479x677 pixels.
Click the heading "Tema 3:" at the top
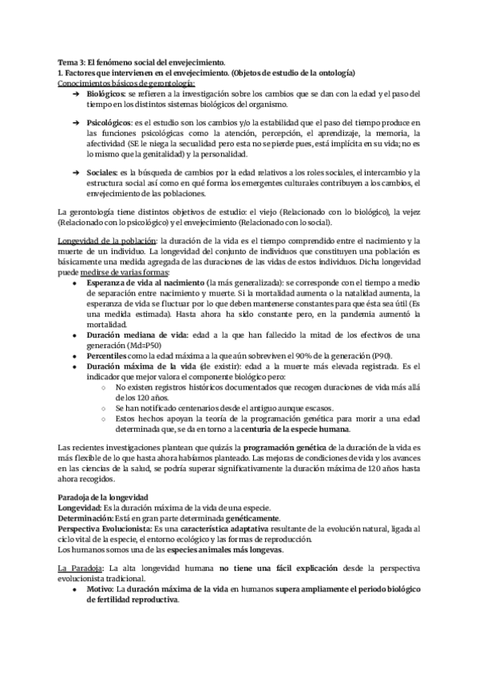tap(73, 62)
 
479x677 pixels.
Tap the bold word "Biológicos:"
tap(107, 93)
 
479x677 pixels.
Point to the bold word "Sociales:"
tap(103, 172)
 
